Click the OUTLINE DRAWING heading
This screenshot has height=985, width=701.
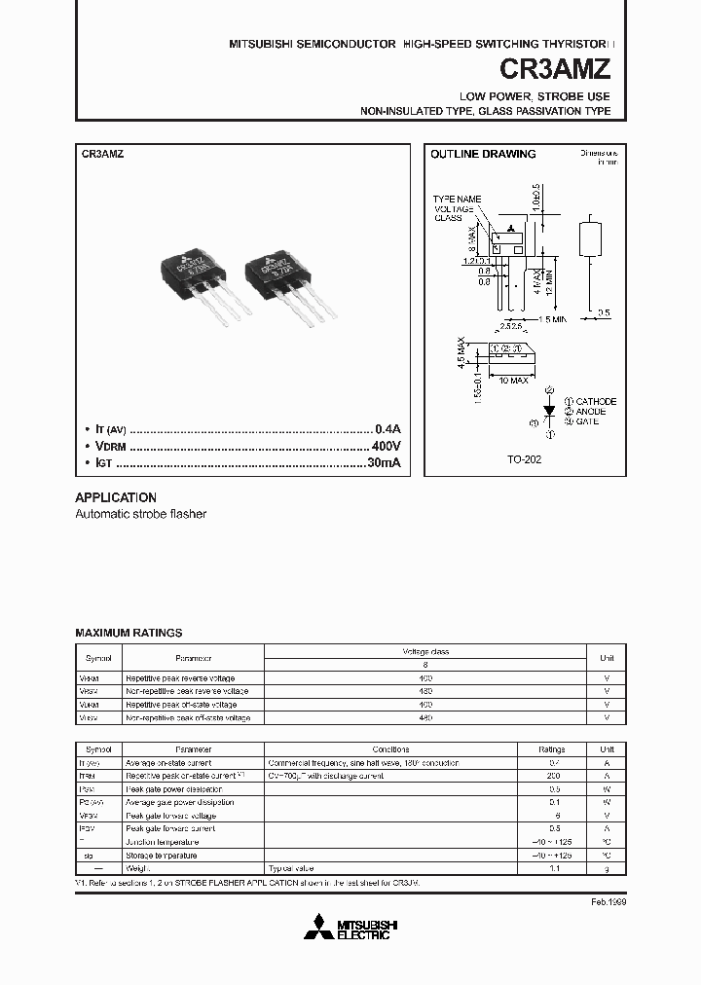pos(483,154)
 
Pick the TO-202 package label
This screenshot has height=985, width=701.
pos(525,458)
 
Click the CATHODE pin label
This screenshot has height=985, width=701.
pos(596,401)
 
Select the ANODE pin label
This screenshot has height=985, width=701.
pos(591,411)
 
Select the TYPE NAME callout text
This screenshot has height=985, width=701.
pos(457,199)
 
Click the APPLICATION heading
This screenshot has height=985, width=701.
pos(116,496)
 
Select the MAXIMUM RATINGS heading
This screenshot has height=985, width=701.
pos(129,633)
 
